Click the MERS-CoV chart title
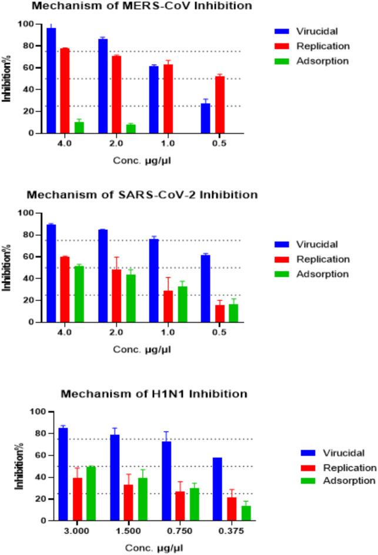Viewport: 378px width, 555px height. click(x=142, y=6)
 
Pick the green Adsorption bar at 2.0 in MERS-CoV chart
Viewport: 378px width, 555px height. click(x=131, y=129)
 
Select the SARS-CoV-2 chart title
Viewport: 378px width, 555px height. click(x=142, y=195)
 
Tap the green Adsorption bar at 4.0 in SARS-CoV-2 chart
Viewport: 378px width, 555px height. click(x=79, y=294)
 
